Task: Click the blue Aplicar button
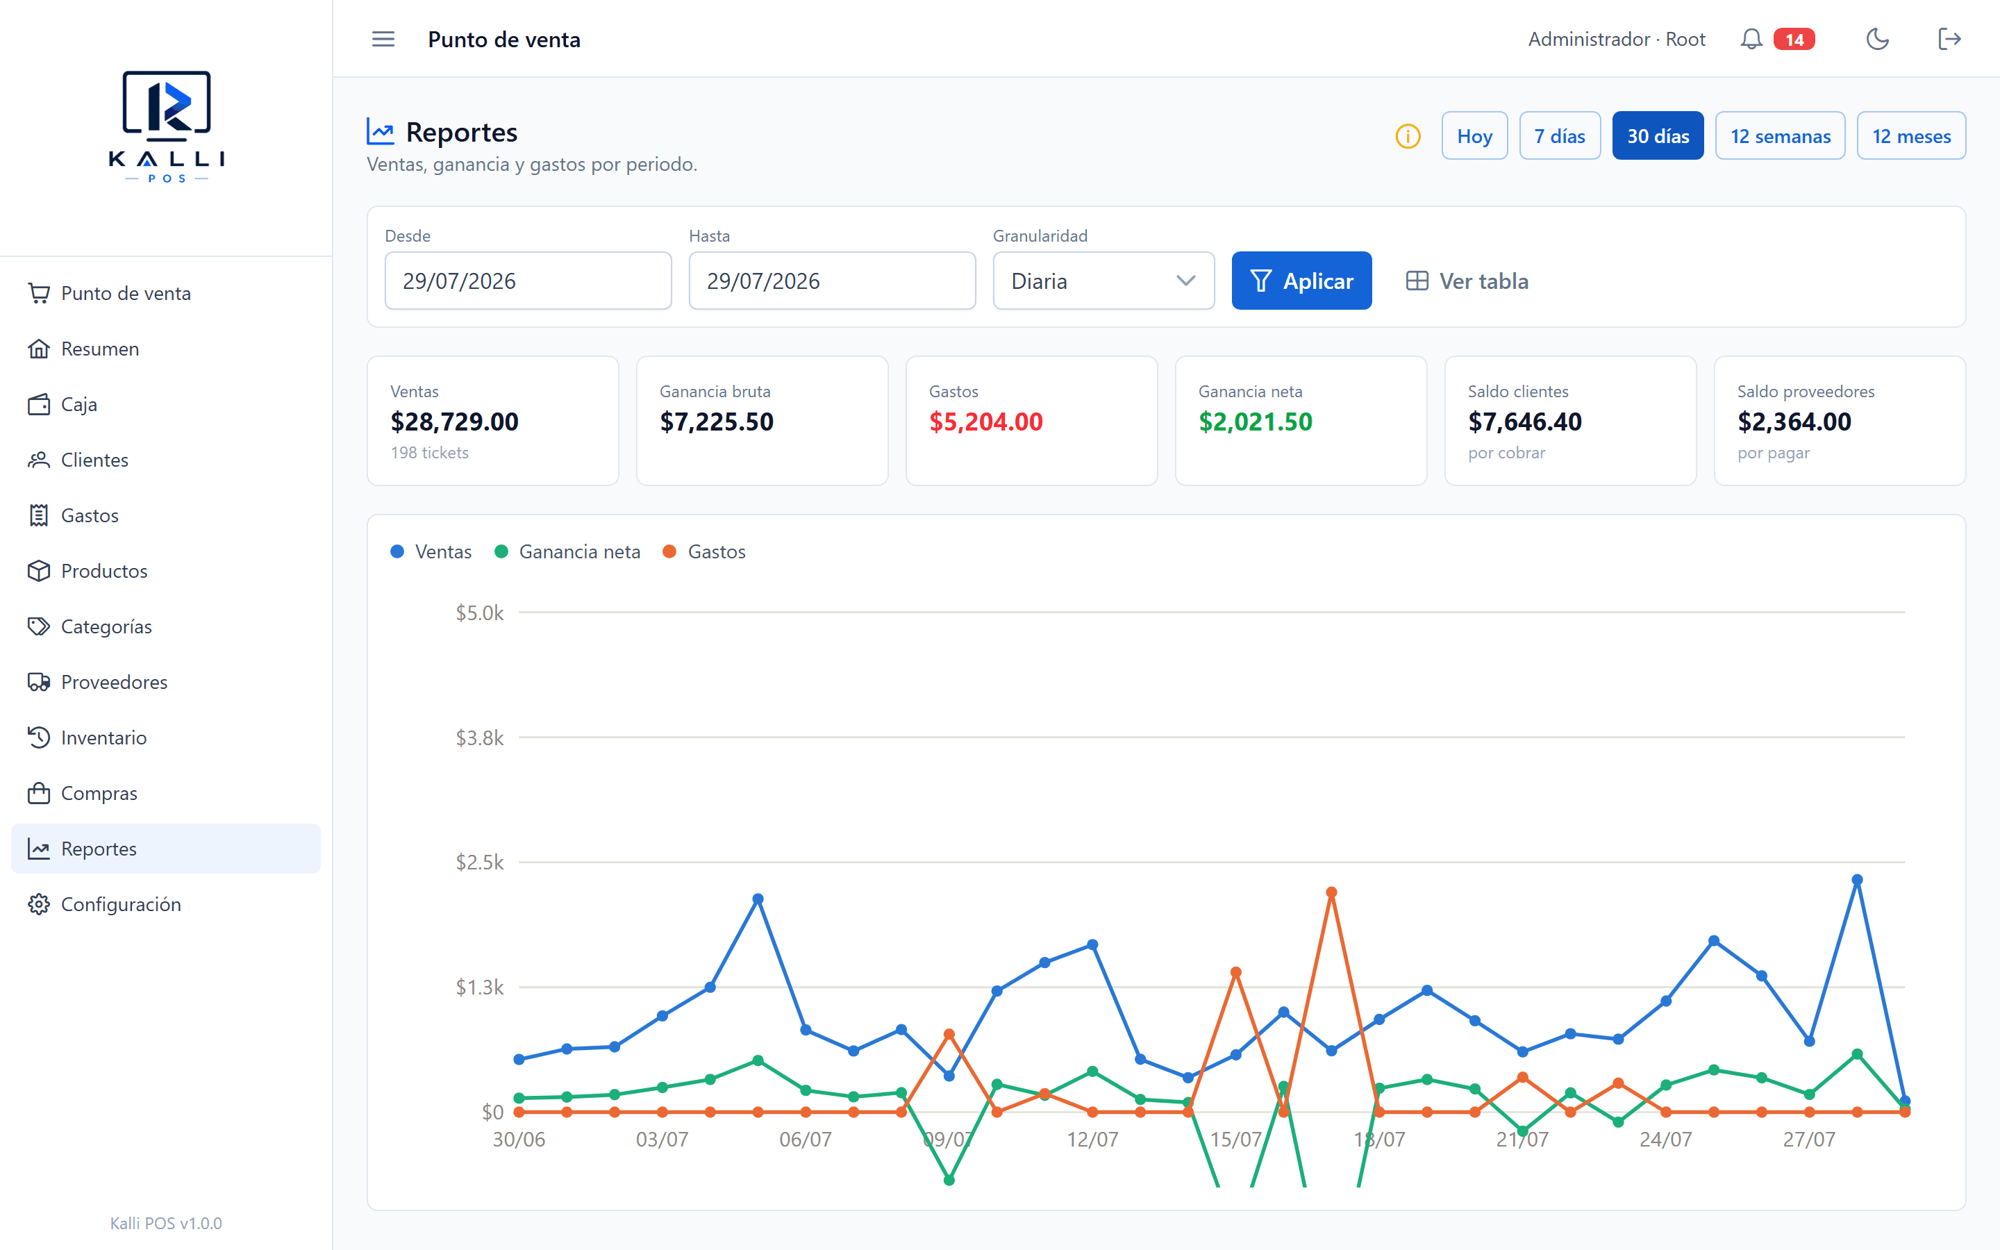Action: pyautogui.click(x=1301, y=281)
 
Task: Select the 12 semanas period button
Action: pyautogui.click(x=1780, y=135)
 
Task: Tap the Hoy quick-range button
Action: pyautogui.click(x=1474, y=135)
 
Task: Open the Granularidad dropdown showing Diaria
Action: pyautogui.click(x=1103, y=281)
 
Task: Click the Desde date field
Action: pyautogui.click(x=528, y=281)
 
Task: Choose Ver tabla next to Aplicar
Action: pyautogui.click(x=1467, y=281)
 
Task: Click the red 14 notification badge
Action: pyautogui.click(x=1794, y=39)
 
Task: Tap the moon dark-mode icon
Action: pyautogui.click(x=1878, y=39)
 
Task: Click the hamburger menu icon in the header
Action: pyautogui.click(x=383, y=39)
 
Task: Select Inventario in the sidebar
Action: pyautogui.click(x=104, y=737)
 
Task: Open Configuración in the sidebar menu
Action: pyautogui.click(x=121, y=904)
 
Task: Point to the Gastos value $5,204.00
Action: pyautogui.click(x=986, y=422)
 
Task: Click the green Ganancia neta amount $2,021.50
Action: pyautogui.click(x=1256, y=422)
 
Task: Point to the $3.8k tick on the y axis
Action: pyautogui.click(x=479, y=737)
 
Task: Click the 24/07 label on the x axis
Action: pyautogui.click(x=1665, y=1139)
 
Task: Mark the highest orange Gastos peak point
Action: pyautogui.click(x=1331, y=893)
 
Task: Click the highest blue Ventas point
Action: pyautogui.click(x=1857, y=880)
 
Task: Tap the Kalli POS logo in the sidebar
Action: pyautogui.click(x=167, y=126)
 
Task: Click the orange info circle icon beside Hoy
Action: pyautogui.click(x=1408, y=135)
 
